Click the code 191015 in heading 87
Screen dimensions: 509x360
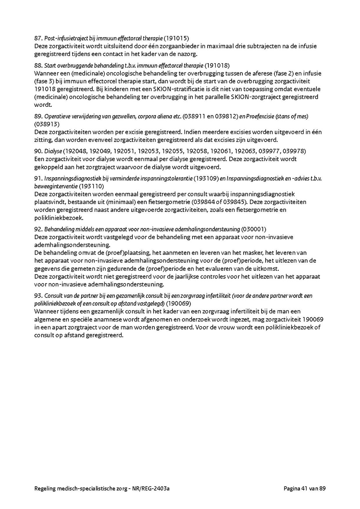coord(176,38)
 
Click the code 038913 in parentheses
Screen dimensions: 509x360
coord(47,124)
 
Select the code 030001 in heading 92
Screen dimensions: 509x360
coord(254,229)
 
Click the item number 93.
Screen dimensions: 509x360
coord(38,296)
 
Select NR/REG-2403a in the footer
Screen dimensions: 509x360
coord(156,488)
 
